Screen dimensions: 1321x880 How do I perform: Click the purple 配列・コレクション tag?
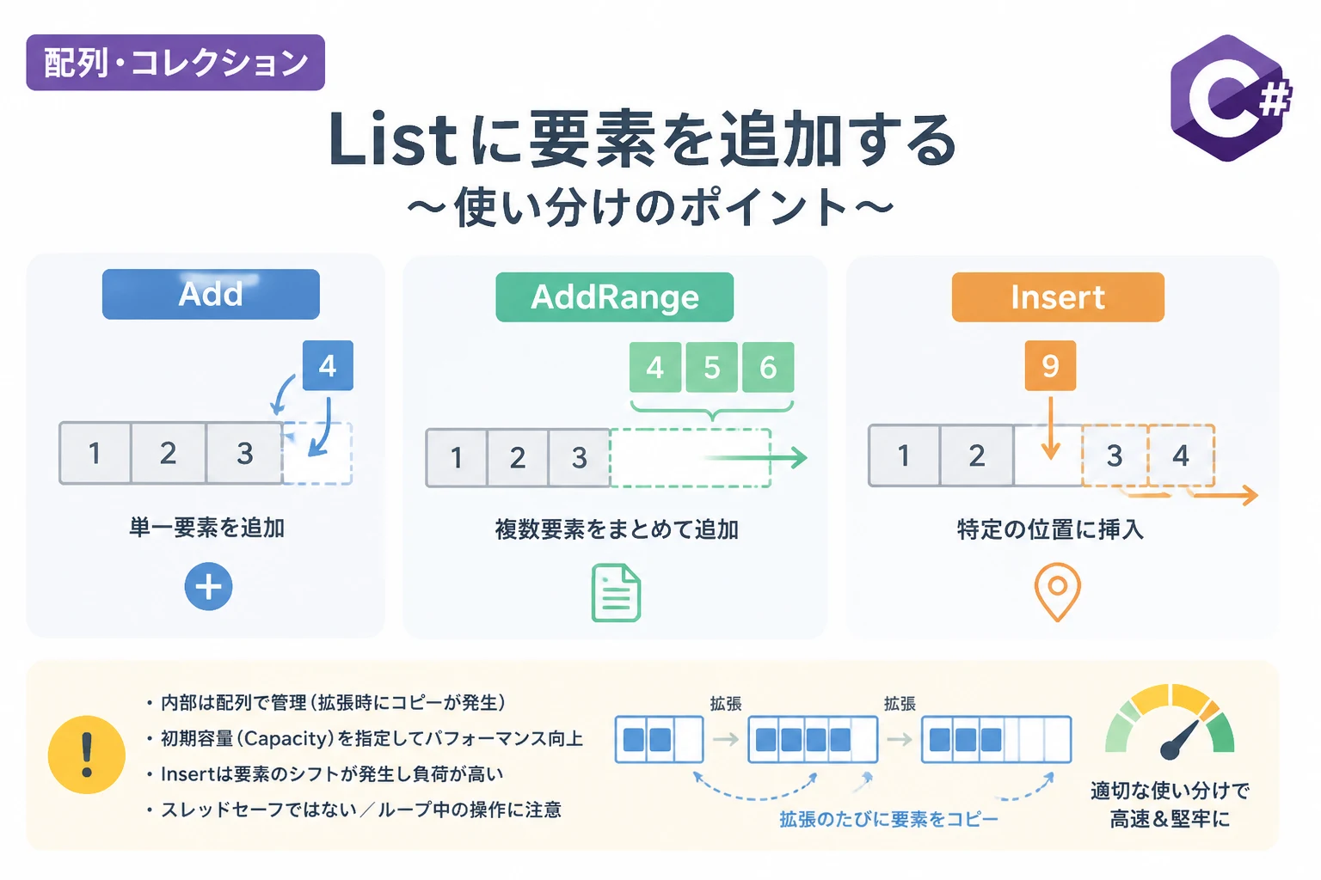[x=175, y=63]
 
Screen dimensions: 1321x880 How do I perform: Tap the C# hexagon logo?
[x=1230, y=98]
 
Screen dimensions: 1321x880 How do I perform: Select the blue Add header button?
[x=211, y=294]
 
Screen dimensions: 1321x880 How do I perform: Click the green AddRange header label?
[x=615, y=297]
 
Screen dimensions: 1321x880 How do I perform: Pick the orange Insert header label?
[x=1058, y=297]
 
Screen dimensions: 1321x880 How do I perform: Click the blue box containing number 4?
[x=328, y=365]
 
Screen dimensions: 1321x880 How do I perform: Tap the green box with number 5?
[x=712, y=367]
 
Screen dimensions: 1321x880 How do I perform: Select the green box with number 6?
[x=768, y=367]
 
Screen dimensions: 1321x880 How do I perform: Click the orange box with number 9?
[x=1050, y=365]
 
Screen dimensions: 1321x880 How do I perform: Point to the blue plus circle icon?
[x=208, y=586]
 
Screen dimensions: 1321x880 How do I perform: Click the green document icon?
[x=617, y=593]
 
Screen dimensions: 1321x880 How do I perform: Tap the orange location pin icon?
[x=1057, y=592]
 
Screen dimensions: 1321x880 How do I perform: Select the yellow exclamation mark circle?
[x=87, y=755]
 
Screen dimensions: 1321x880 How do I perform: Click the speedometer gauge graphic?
[x=1170, y=722]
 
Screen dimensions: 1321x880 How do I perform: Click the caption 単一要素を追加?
[x=207, y=528]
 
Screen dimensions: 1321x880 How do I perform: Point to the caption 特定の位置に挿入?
[x=1050, y=529]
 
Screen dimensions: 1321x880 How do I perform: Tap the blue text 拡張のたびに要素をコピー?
[x=888, y=819]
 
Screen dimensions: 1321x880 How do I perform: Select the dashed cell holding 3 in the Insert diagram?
[x=1115, y=455]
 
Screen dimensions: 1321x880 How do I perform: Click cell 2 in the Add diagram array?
[x=168, y=453]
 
